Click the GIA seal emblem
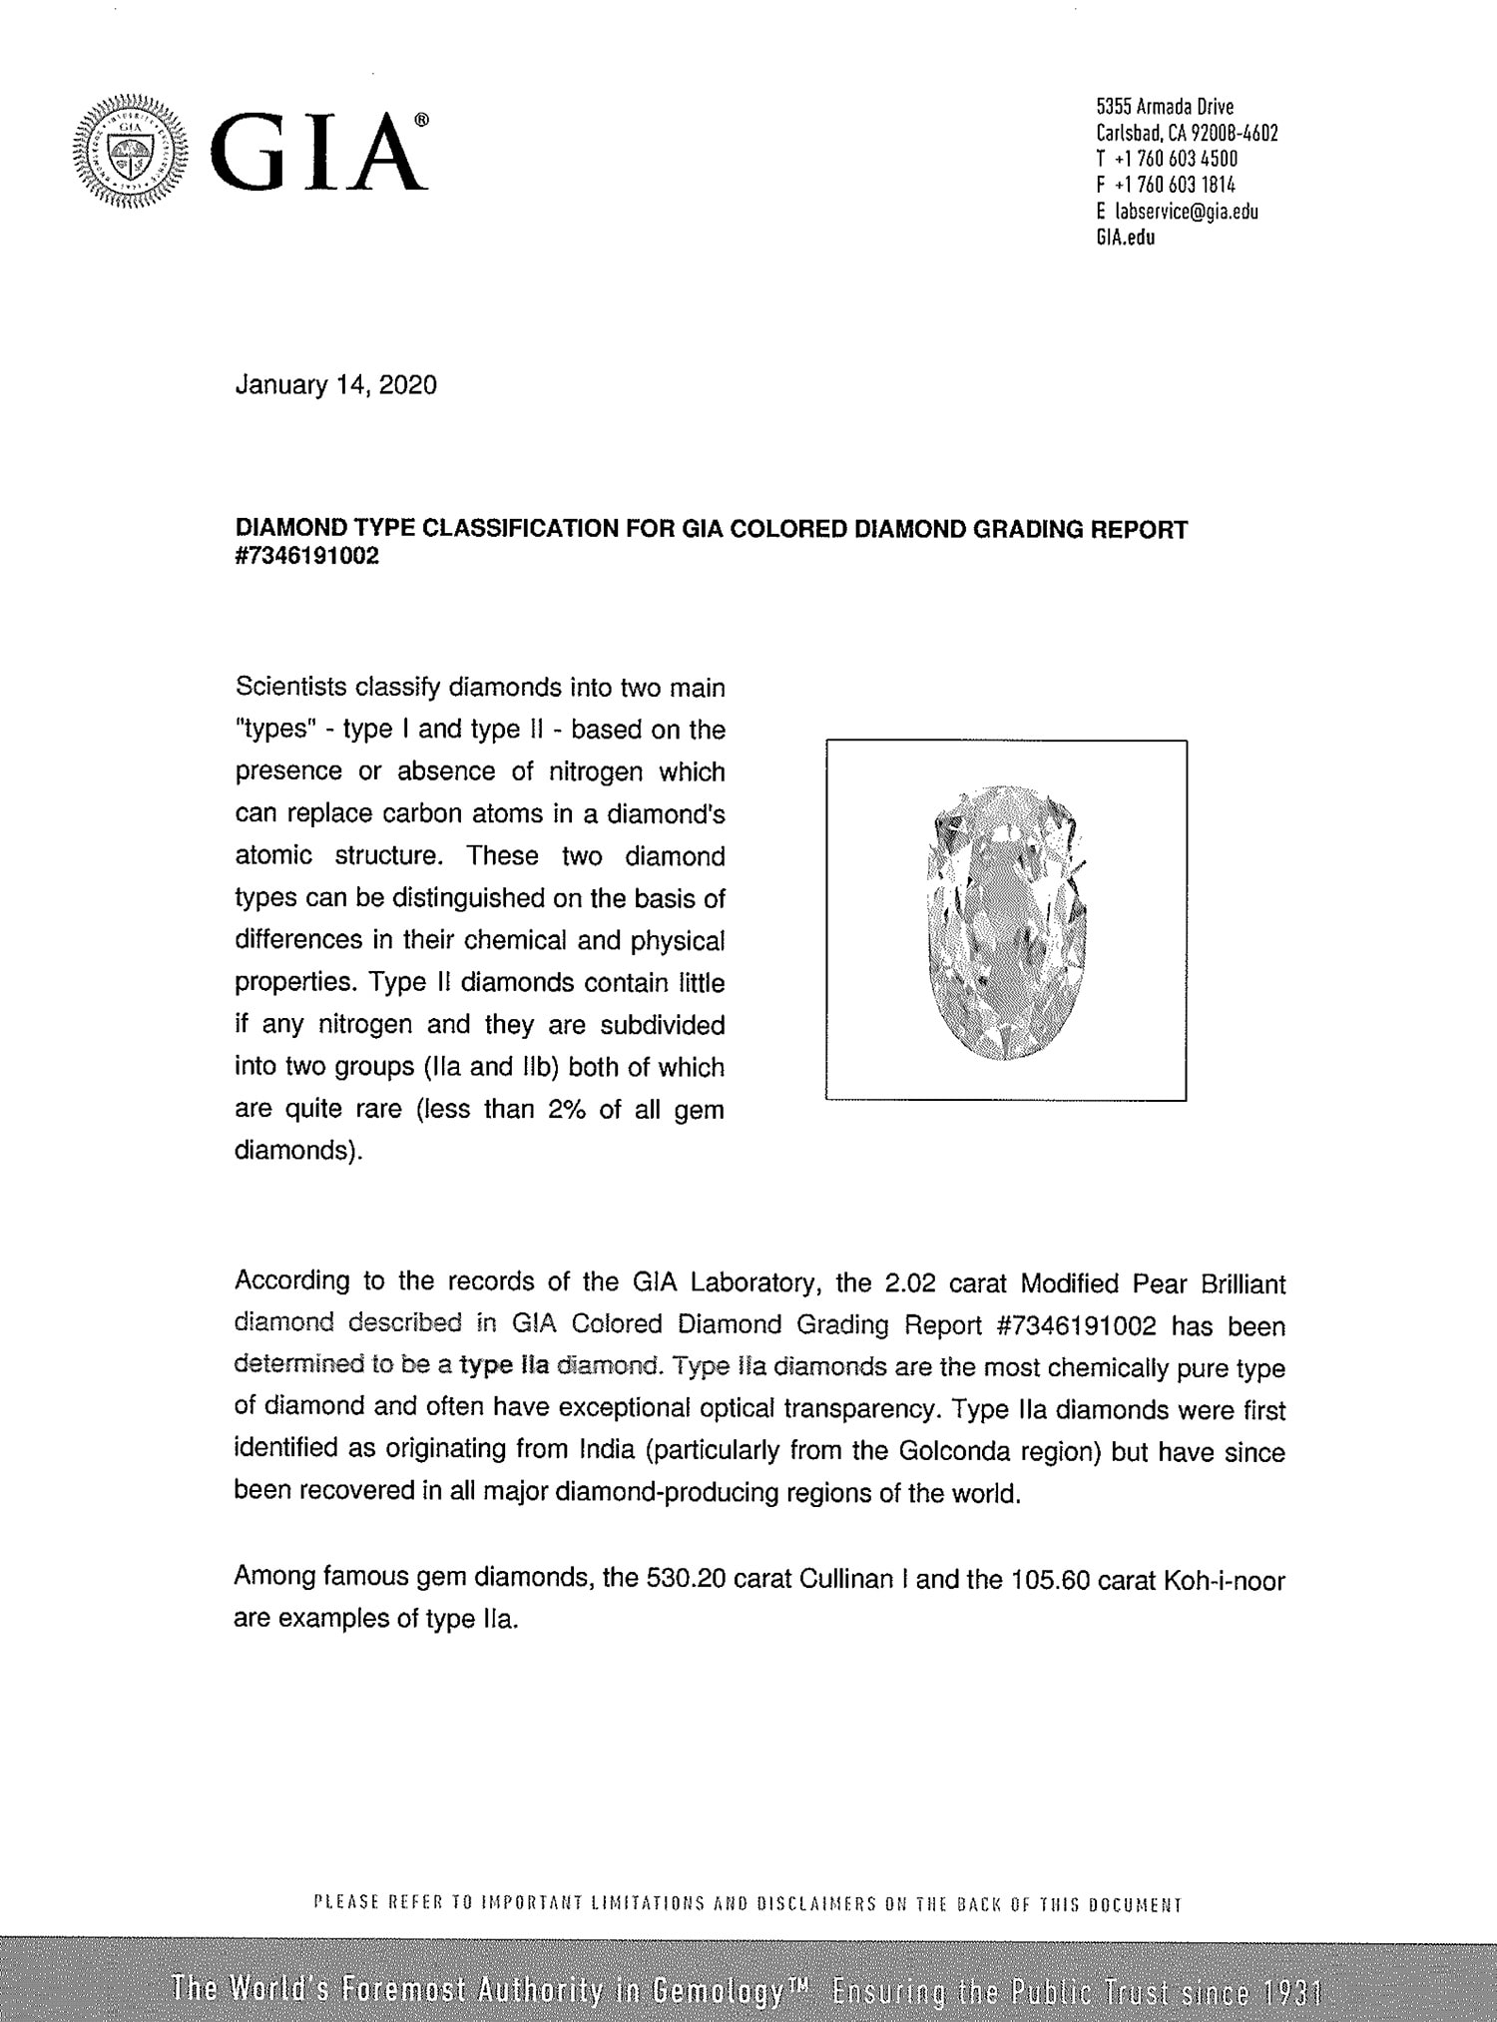pos(128,151)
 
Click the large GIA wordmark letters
pos(317,153)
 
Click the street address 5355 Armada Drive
pos(1165,107)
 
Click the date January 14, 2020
pos(335,385)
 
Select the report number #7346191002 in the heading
pos(306,557)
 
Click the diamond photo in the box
pos(1006,920)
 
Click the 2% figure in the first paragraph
pos(567,1109)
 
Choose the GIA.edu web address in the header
pos(1125,238)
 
